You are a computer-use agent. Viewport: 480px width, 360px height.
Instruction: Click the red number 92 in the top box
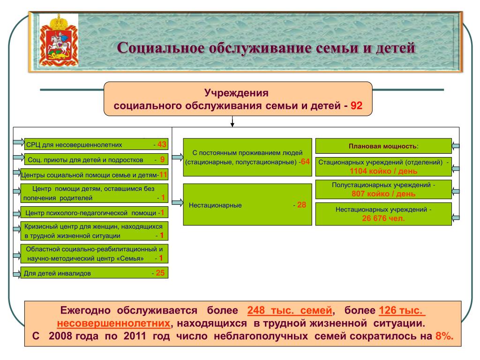[x=357, y=105]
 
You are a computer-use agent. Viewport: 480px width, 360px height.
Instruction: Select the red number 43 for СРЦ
[x=162, y=144]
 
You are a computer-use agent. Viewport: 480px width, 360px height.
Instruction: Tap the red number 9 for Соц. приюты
[x=162, y=159]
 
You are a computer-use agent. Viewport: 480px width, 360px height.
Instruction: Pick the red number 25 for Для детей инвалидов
[x=160, y=273]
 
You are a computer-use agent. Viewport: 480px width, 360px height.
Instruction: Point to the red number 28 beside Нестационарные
[x=301, y=205]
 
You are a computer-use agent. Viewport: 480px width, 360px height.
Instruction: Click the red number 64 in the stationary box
[x=305, y=162]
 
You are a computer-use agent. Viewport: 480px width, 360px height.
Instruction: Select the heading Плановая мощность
[x=383, y=146]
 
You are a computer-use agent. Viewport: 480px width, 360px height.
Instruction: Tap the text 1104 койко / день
[x=383, y=171]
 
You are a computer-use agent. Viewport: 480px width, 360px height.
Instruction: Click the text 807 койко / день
[x=383, y=194]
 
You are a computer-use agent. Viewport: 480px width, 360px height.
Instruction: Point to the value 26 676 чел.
[x=383, y=218]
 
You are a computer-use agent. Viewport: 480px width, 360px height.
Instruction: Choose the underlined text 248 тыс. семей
[x=290, y=310]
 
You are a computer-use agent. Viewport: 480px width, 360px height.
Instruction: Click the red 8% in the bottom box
[x=444, y=336]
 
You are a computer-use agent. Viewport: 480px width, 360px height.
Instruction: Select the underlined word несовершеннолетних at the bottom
[x=113, y=323]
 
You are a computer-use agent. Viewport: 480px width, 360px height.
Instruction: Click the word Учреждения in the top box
[x=236, y=93]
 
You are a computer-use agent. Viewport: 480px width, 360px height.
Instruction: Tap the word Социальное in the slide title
[x=160, y=48]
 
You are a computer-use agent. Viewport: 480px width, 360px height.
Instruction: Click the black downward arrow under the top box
[x=232, y=121]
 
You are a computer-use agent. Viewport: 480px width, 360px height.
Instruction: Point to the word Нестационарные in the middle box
[x=215, y=205]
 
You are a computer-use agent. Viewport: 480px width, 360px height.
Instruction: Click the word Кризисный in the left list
[x=39, y=227]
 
